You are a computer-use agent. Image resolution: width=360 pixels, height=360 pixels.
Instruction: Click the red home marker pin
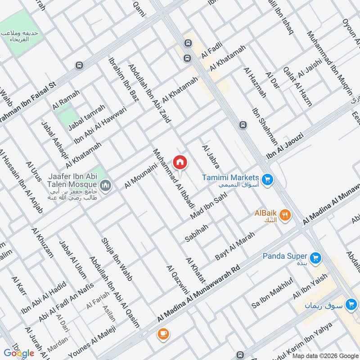pos(180,162)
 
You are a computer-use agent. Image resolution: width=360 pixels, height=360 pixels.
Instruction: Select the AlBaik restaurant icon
pos(284,215)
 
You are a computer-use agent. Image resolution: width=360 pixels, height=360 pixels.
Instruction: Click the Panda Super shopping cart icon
pos(315,257)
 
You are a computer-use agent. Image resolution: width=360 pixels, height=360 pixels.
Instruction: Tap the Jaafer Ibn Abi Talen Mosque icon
pos(106,185)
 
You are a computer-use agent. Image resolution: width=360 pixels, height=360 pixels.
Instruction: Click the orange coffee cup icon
pos(162,334)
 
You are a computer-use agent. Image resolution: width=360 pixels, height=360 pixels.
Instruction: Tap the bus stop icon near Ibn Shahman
pos(243,125)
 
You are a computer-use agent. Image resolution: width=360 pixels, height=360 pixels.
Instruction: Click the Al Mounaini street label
pos(140,176)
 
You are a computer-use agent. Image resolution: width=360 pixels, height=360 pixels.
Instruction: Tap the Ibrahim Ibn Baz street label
pos(123,79)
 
